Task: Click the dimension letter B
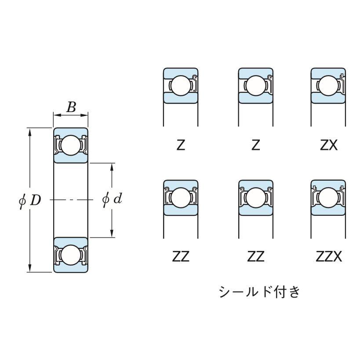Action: [71, 107]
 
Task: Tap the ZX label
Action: [329, 145]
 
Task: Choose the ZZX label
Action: [329, 256]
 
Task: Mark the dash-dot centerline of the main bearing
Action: [71, 200]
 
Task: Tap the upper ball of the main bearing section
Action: [71, 145]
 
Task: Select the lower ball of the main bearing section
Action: [71, 255]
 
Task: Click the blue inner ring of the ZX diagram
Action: [327, 98]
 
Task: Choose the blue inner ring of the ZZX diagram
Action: [327, 211]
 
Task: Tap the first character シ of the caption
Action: [225, 291]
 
